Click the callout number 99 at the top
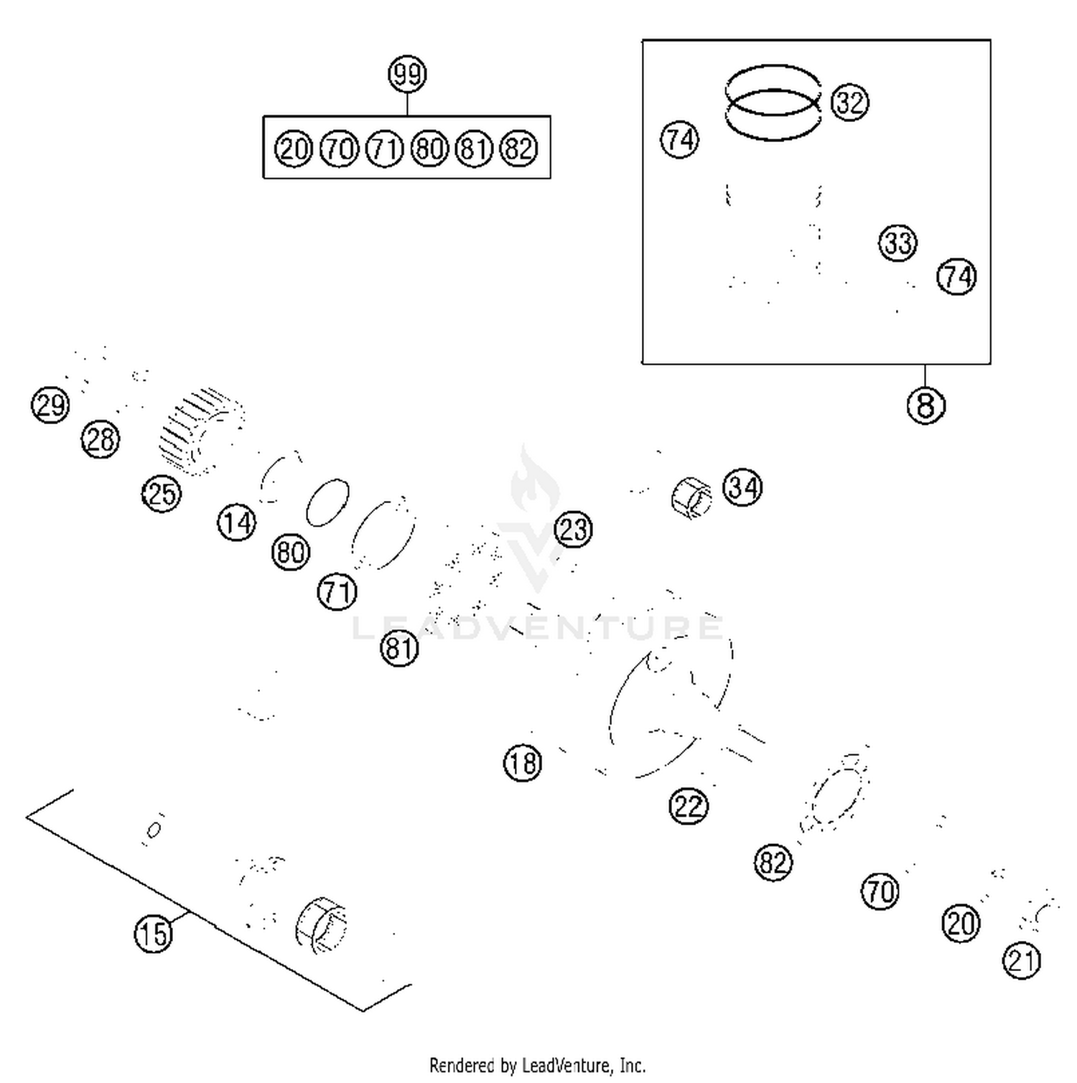pos(407,74)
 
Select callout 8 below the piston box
pos(926,405)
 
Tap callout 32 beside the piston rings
pos(849,103)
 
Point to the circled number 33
pos(897,243)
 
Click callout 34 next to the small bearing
pos(742,488)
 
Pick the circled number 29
pos(50,405)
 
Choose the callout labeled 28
pos(101,439)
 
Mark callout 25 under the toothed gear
pos(162,494)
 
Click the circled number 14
pos(236,522)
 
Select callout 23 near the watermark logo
pos(573,530)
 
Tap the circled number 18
pos(522,763)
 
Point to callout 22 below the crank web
pos(688,806)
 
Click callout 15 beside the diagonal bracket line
pos(154,934)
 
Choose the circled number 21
pos(1022,960)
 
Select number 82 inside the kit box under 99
pos(518,149)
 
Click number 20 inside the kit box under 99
pos(293,149)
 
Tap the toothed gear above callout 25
pos(201,431)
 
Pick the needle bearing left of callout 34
pos(691,497)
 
